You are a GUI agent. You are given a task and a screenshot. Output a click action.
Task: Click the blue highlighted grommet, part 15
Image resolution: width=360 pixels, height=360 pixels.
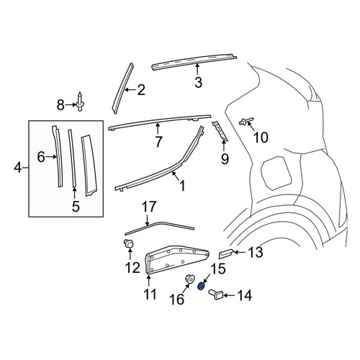click(201, 286)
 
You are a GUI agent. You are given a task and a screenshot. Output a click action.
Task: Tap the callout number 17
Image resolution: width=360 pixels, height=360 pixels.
click(149, 207)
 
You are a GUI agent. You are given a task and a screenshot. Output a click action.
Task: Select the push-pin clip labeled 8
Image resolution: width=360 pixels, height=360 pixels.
click(80, 102)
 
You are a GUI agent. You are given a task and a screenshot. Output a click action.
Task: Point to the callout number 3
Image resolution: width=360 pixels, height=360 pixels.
click(198, 82)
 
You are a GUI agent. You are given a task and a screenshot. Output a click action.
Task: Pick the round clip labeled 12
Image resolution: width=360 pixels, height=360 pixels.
click(129, 244)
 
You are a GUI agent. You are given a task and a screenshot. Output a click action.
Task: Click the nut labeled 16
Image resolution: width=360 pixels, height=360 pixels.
click(189, 279)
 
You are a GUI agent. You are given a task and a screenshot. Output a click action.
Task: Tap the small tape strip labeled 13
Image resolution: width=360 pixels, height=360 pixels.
click(225, 253)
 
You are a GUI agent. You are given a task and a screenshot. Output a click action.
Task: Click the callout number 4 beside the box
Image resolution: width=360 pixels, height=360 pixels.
click(18, 168)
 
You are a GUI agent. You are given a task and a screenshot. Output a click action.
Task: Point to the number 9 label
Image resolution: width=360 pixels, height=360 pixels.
click(225, 159)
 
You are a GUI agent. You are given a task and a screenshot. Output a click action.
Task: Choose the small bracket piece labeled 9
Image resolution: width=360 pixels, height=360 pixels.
click(220, 131)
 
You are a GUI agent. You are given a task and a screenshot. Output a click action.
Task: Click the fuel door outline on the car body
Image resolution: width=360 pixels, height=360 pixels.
click(276, 171)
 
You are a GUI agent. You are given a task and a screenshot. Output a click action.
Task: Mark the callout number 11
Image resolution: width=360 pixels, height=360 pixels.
click(149, 294)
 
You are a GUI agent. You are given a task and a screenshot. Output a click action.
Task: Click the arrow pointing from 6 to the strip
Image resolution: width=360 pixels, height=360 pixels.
click(51, 157)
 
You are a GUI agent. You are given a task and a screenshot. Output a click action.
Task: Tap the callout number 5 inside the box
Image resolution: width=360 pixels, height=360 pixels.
click(76, 206)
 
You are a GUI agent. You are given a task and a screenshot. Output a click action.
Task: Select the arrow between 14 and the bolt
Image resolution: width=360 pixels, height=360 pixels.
click(230, 294)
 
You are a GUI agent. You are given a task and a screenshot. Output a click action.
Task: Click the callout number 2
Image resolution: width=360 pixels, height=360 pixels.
click(141, 90)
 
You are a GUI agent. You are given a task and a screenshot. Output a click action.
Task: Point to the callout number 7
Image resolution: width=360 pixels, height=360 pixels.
click(158, 142)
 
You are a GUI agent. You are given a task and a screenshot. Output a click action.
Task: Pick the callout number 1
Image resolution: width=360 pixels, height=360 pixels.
click(182, 186)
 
